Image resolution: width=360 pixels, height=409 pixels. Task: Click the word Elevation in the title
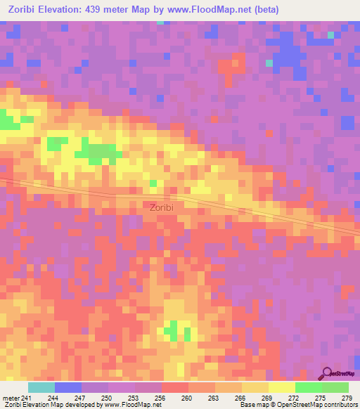(67, 9)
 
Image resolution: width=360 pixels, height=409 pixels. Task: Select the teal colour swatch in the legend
(41, 387)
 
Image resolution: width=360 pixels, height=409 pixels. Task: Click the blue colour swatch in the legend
(67, 387)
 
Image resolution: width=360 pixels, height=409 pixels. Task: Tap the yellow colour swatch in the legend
(281, 387)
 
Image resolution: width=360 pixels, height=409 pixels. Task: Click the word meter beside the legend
(11, 398)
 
